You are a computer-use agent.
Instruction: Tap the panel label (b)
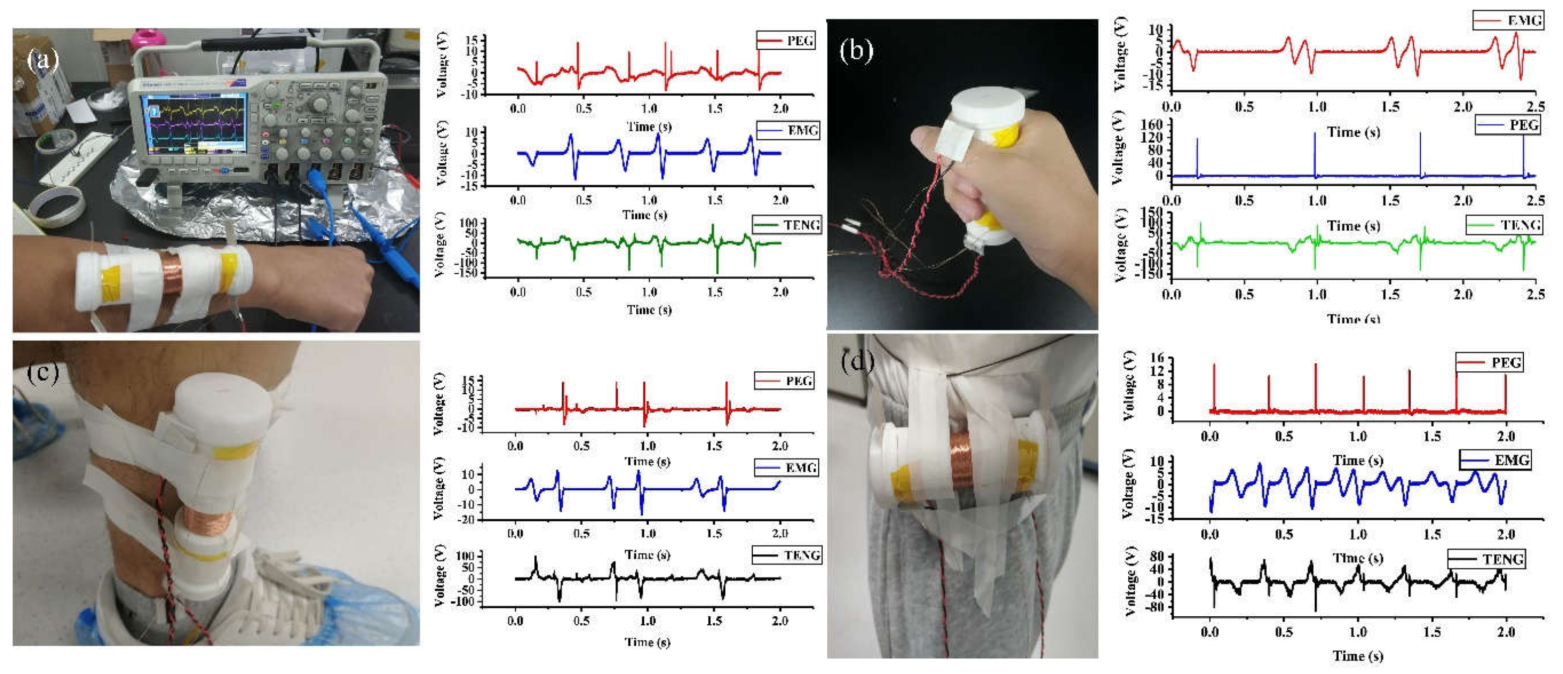click(x=856, y=50)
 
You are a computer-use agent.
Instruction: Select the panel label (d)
click(x=857, y=362)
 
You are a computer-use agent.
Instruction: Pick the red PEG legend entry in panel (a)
click(x=786, y=41)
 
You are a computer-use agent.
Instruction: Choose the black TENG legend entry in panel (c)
click(x=787, y=555)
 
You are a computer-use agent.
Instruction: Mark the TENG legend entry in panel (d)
click(x=1486, y=559)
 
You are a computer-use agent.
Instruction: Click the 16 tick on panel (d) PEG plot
click(x=1157, y=358)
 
